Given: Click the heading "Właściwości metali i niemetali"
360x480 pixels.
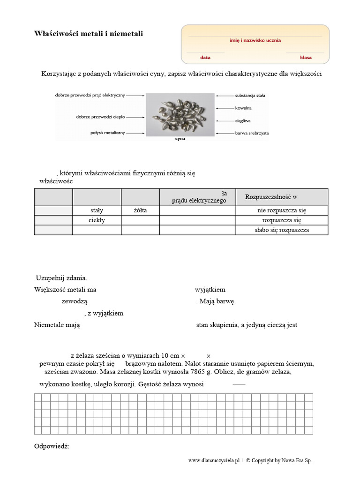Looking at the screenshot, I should click(89, 34).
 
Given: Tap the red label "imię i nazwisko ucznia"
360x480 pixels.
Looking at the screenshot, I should click(255, 40).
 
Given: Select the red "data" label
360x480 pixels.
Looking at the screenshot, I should click(205, 58).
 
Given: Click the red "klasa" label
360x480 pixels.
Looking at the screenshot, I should click(306, 58).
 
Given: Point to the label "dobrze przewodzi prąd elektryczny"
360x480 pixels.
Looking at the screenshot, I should click(90, 95).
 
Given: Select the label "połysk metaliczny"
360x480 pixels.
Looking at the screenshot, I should click(108, 133).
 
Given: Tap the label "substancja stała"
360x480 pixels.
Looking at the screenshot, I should click(250, 95).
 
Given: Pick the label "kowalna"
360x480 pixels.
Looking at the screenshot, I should click(243, 108).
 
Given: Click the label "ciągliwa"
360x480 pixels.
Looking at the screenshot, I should click(243, 120).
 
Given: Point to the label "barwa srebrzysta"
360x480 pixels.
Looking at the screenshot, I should click(252, 133).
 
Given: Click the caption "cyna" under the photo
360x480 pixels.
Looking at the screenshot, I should click(180, 139).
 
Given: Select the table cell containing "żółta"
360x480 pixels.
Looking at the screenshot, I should click(140, 210).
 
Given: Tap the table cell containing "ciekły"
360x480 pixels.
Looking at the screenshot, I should click(97, 220).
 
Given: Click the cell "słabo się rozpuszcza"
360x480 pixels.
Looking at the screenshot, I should click(282, 230).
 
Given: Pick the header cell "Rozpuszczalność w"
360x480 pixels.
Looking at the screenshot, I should click(271, 196).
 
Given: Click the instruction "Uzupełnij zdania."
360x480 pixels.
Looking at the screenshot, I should click(61, 278).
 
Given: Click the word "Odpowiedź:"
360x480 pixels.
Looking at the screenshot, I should click(52, 446).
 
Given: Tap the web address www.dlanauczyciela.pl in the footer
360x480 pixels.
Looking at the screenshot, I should click(214, 461).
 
